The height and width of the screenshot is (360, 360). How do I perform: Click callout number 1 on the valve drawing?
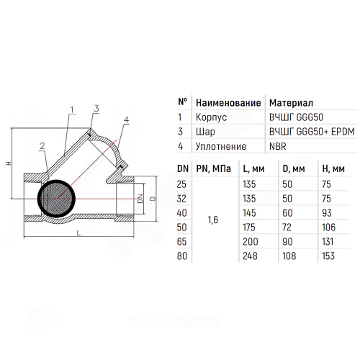click(x=72, y=110)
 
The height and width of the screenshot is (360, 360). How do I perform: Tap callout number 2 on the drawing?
click(x=42, y=146)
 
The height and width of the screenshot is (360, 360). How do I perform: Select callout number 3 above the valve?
click(x=96, y=109)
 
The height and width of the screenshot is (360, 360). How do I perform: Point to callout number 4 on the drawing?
click(x=127, y=120)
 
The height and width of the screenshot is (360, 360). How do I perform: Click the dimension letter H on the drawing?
click(x=9, y=163)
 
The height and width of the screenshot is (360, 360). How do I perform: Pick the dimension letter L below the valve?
click(x=78, y=233)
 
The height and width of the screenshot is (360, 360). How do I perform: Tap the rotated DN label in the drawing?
click(x=140, y=199)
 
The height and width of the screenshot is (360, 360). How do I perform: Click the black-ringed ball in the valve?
click(x=57, y=199)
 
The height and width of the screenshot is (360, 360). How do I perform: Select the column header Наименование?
click(x=228, y=103)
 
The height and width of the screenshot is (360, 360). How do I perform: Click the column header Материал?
click(x=291, y=103)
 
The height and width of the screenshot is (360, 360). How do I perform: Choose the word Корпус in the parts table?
click(x=211, y=117)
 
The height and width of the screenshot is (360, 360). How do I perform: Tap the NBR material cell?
click(x=278, y=146)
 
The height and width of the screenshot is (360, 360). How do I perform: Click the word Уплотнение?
click(x=221, y=146)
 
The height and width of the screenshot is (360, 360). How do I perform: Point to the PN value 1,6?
click(x=213, y=220)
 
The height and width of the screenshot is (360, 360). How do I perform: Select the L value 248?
click(x=250, y=256)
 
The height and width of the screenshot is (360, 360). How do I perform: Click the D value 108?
click(x=289, y=256)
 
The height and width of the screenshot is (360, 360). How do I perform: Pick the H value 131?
click(x=328, y=242)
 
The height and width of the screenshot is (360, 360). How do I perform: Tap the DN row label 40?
click(x=181, y=213)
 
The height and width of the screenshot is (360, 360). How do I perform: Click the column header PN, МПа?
click(x=213, y=169)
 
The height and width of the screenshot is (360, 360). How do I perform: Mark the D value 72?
click(x=287, y=228)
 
